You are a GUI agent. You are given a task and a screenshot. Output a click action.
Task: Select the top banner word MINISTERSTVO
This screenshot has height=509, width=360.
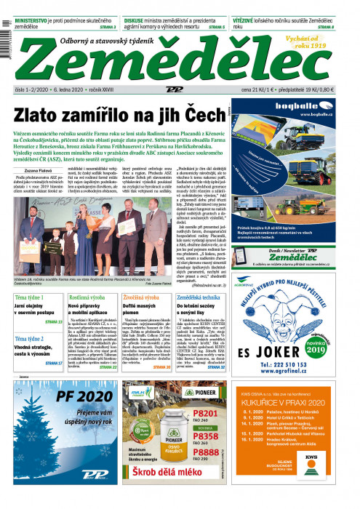[30, 21]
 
